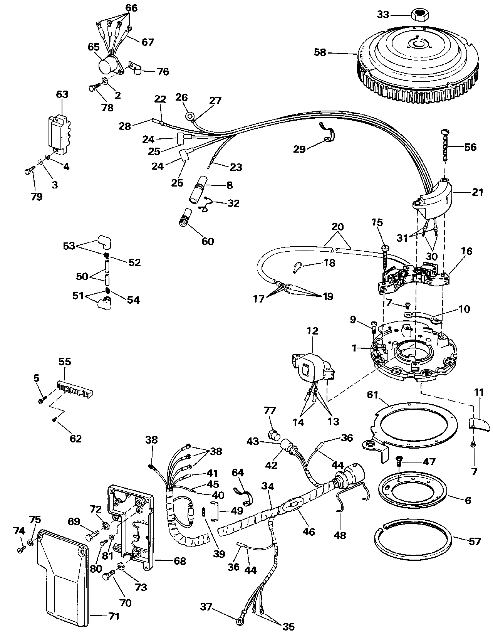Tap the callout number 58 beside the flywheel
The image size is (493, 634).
pyautogui.click(x=320, y=52)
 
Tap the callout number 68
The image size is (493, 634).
pyautogui.click(x=179, y=561)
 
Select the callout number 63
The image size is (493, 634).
pyautogui.click(x=62, y=94)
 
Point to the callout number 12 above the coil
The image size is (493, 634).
pyautogui.click(x=312, y=331)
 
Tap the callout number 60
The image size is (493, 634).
pyautogui.click(x=208, y=241)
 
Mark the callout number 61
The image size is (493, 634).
pyautogui.click(x=372, y=395)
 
